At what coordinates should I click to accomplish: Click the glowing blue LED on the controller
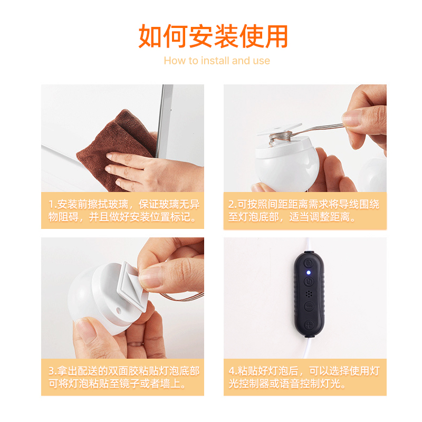pyautogui.click(x=309, y=273)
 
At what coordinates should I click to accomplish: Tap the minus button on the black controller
pyautogui.click(x=309, y=307)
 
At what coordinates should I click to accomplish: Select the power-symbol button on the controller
pyautogui.click(x=309, y=282)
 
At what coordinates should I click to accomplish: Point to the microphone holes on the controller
pyautogui.click(x=309, y=294)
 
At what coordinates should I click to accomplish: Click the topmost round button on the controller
pyautogui.click(x=309, y=263)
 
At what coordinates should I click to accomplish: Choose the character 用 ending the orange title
pyautogui.click(x=276, y=36)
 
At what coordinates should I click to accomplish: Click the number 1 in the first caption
pyautogui.click(x=51, y=205)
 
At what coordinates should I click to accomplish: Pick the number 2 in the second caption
pyautogui.click(x=232, y=205)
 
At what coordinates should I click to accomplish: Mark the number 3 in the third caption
pyautogui.click(x=51, y=371)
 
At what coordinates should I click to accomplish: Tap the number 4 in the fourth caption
pyautogui.click(x=232, y=371)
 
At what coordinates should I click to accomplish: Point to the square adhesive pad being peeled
pyautogui.click(x=133, y=285)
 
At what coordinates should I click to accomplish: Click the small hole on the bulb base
pyautogui.click(x=118, y=311)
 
